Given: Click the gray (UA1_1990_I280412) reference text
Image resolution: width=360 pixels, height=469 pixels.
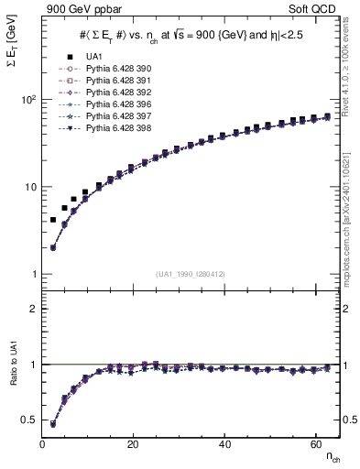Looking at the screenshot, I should tap(191, 274).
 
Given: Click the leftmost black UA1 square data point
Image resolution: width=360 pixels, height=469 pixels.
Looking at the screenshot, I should tap(53, 220).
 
